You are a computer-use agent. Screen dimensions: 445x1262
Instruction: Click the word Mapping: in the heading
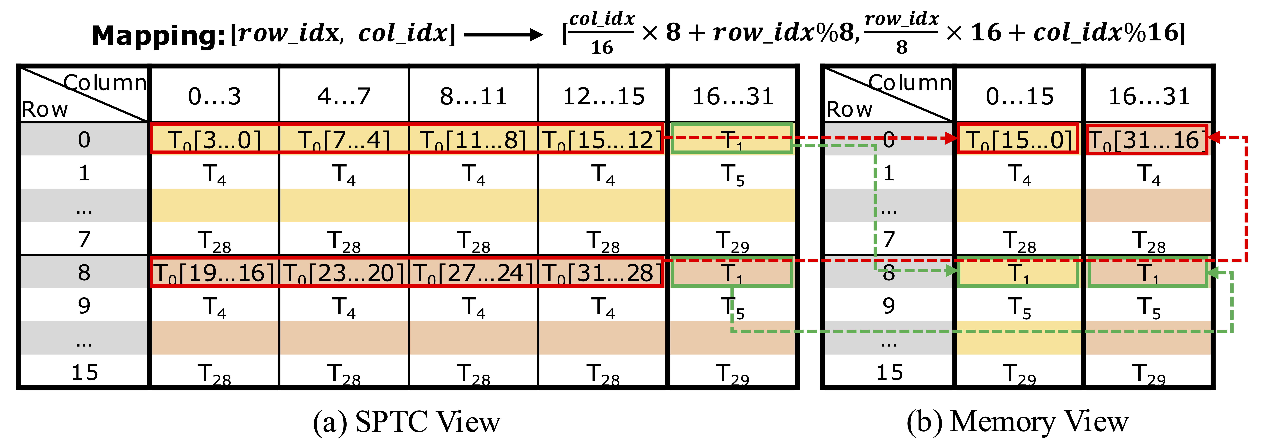click(158, 35)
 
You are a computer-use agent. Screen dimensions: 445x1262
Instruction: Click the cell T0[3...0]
click(215, 140)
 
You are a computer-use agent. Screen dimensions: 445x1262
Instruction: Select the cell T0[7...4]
click(344, 140)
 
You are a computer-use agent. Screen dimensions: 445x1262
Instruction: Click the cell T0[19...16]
click(215, 273)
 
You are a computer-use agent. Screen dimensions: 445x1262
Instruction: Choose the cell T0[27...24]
click(473, 273)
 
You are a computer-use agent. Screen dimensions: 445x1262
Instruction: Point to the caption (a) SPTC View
click(407, 422)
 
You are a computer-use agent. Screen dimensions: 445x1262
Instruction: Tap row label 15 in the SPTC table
click(84, 373)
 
